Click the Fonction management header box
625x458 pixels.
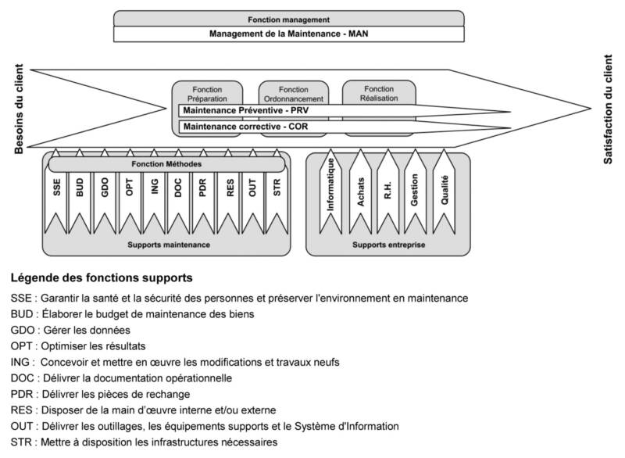point(288,19)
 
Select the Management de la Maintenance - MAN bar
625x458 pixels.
point(288,34)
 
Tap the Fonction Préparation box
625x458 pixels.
point(207,95)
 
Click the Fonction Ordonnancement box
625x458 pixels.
point(293,95)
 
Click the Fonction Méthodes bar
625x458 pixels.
point(166,165)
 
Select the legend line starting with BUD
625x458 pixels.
point(133,314)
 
